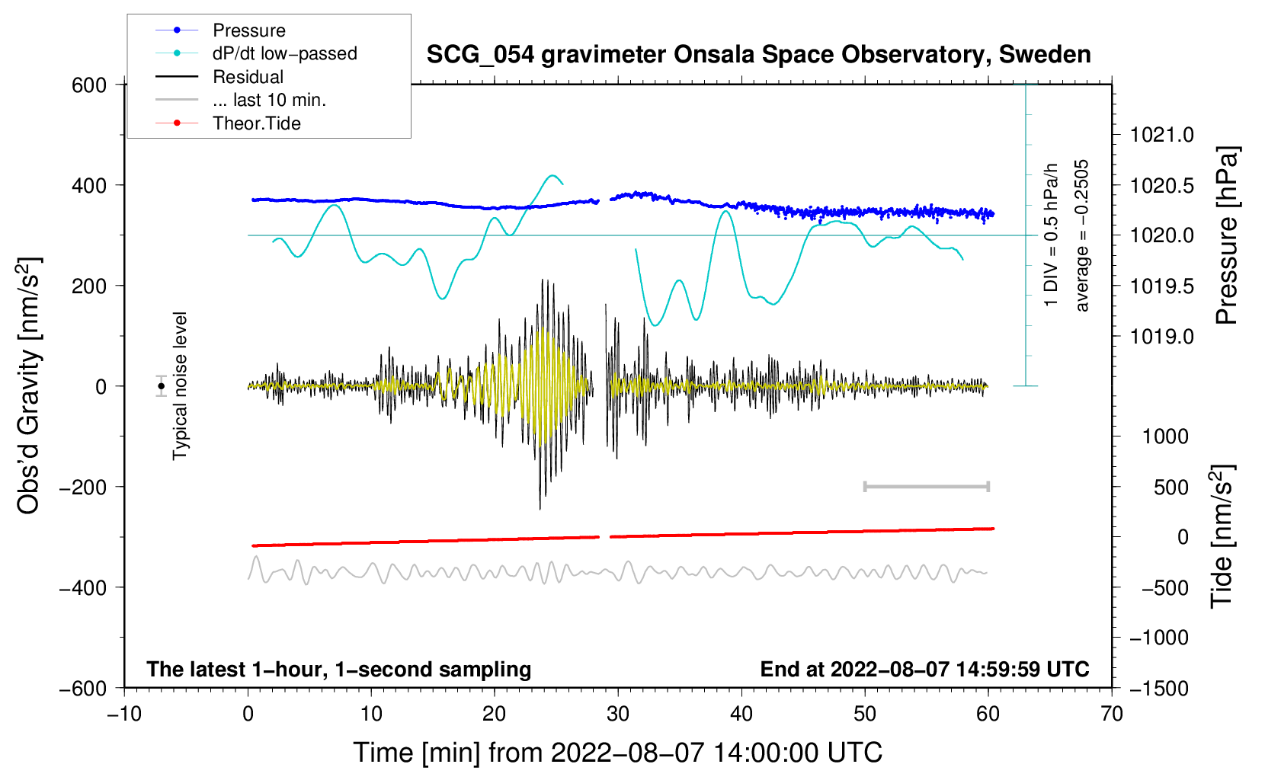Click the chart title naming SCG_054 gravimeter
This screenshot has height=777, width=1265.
point(758,55)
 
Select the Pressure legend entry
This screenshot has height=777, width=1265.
point(248,30)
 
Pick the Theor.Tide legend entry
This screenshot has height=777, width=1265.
point(256,123)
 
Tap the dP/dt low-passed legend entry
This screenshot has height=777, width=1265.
point(284,53)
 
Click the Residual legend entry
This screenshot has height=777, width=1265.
point(248,77)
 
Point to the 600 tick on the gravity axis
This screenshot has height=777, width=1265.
point(89,85)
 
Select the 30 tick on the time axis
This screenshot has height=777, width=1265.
point(618,714)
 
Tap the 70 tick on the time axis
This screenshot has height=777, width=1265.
point(1112,714)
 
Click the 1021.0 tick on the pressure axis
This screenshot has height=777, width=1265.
point(1162,135)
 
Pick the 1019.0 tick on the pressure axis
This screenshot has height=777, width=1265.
point(1162,336)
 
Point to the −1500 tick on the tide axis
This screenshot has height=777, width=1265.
point(1159,688)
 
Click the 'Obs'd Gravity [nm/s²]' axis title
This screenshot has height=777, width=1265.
point(29,386)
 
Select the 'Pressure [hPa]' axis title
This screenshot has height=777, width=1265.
point(1227,236)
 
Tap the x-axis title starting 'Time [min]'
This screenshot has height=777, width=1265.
point(618,753)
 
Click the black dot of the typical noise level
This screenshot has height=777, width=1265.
point(162,386)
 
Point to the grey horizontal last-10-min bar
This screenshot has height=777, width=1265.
point(927,486)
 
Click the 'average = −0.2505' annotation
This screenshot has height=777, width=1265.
point(1082,236)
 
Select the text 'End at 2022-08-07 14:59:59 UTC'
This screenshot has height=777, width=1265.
point(924,669)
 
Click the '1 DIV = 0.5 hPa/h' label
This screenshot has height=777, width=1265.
point(1052,235)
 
